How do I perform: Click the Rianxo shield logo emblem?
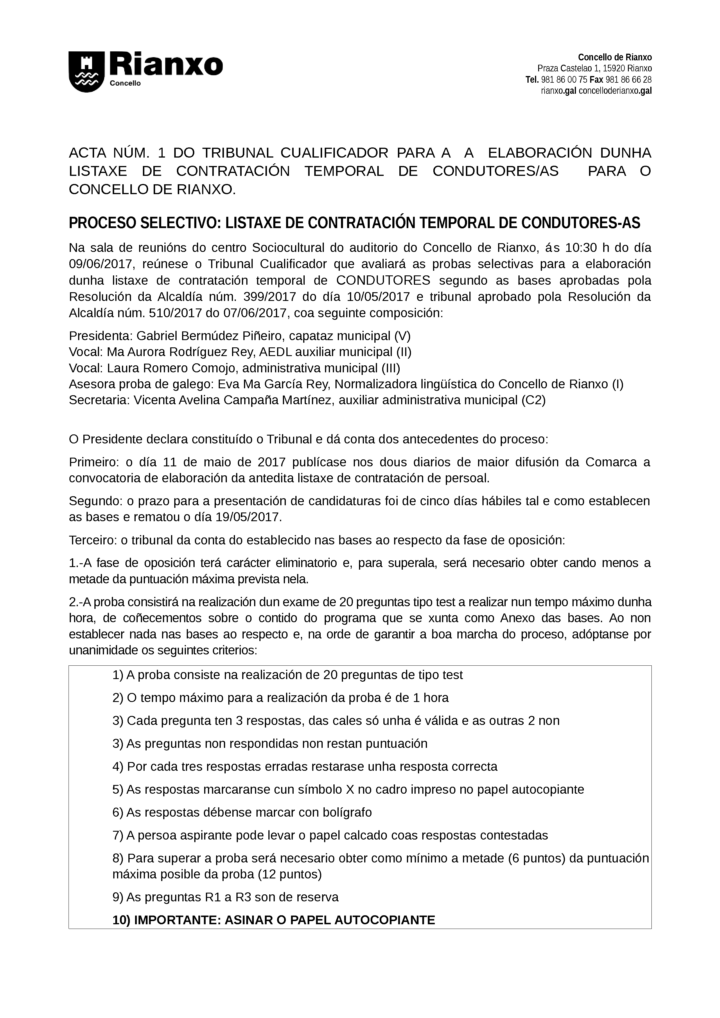87,72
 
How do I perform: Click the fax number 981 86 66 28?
629,80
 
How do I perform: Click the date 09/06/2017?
101,264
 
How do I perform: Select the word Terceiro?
93,540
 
